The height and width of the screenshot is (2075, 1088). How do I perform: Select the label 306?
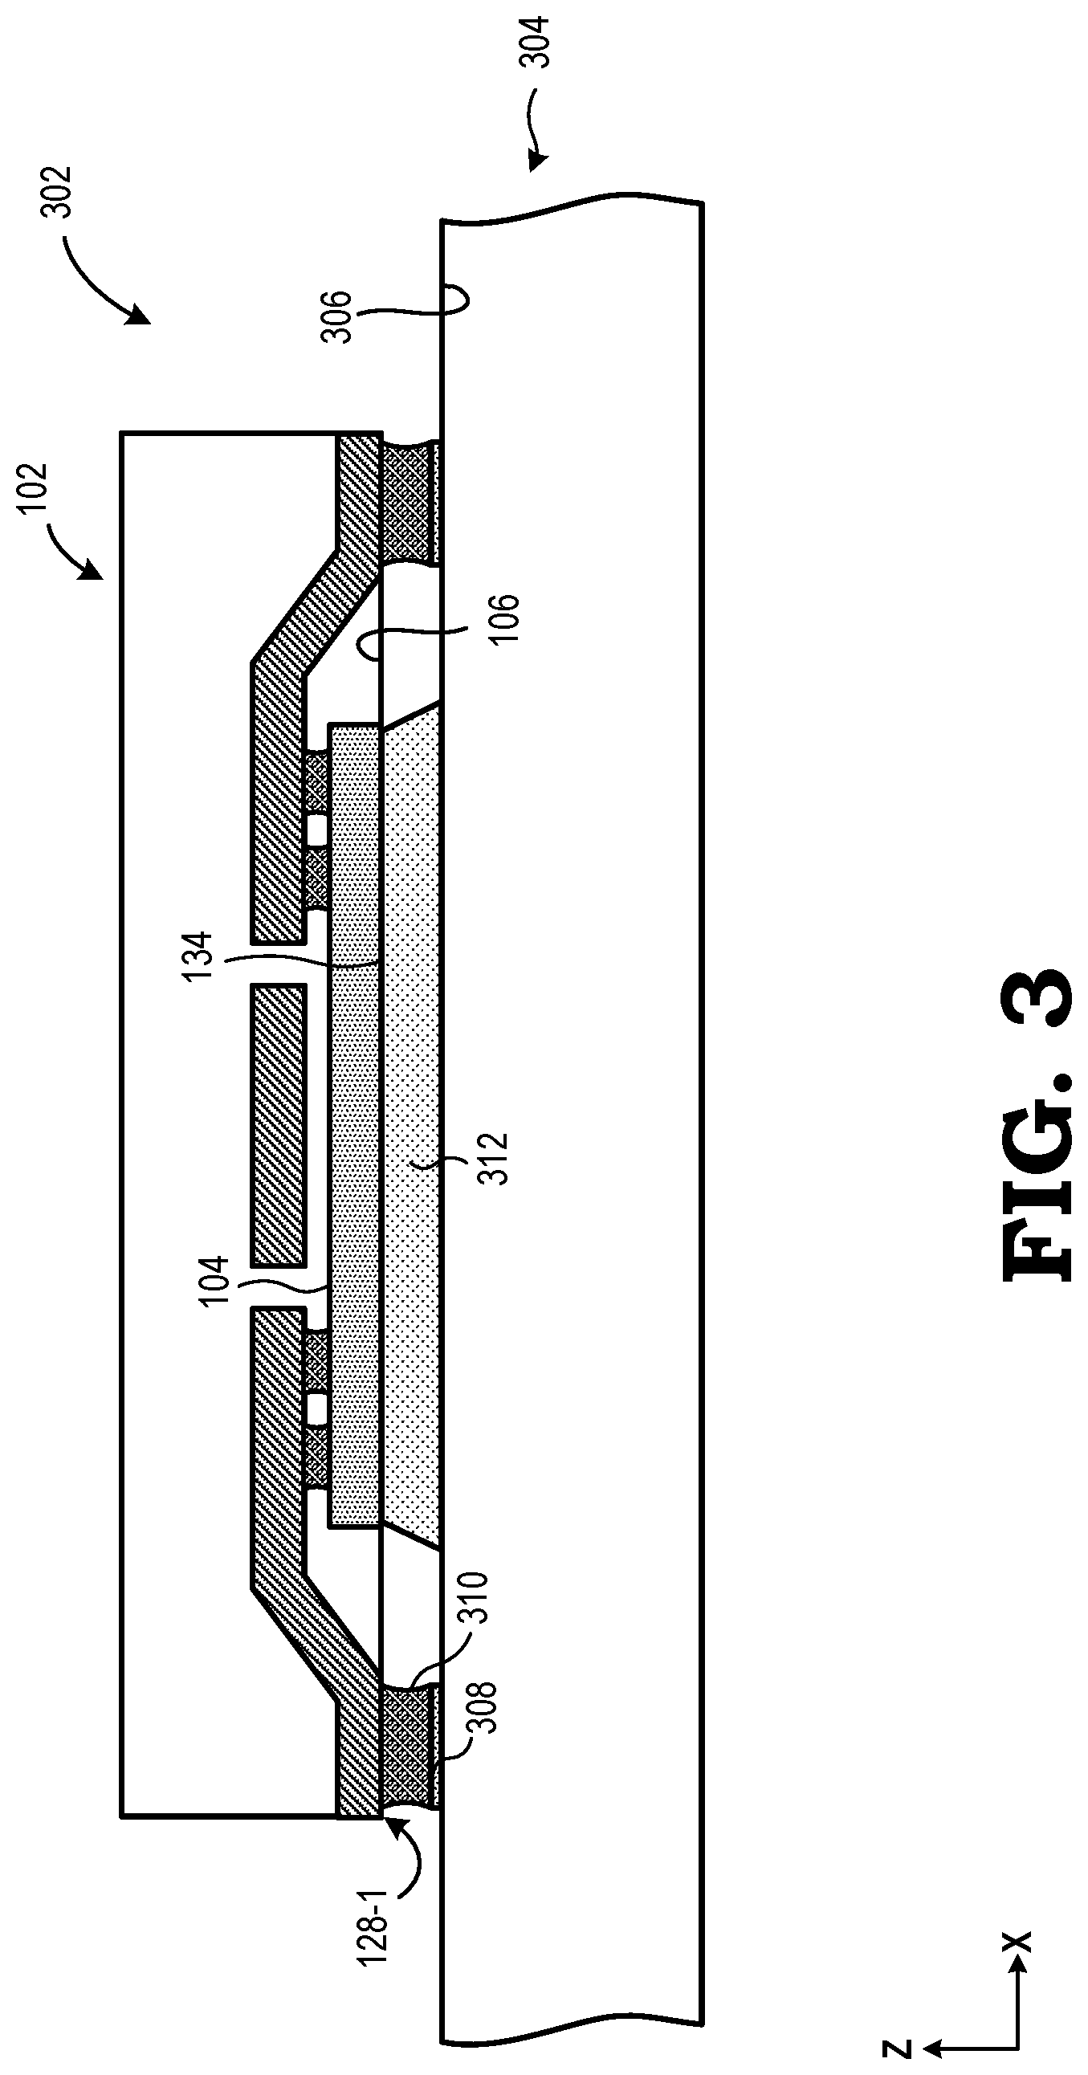coord(337,317)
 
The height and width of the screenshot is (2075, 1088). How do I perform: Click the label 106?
coord(506,618)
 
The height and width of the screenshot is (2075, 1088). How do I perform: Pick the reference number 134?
coord(198,956)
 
